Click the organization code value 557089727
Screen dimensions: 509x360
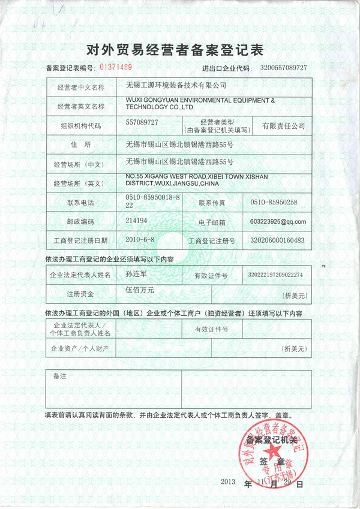tap(142, 122)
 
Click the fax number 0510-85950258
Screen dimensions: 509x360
tap(274, 203)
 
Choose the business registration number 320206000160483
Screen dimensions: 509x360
tap(277, 240)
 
